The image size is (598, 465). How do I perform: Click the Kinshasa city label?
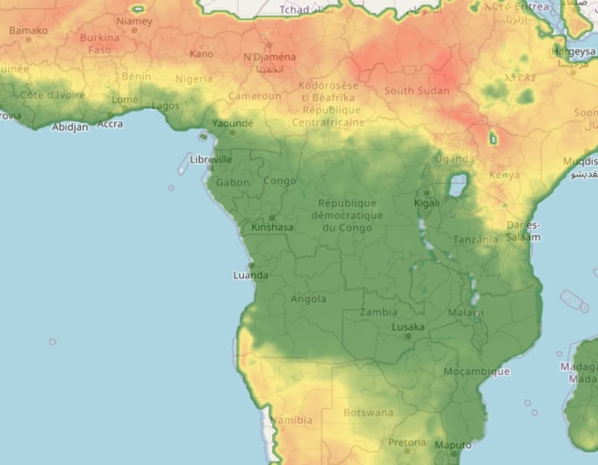tap(272, 227)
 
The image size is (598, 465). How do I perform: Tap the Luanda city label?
tap(250, 275)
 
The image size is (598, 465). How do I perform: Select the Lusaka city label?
tap(408, 327)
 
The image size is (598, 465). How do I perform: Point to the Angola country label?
tap(308, 299)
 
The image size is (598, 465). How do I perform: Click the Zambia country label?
tap(379, 312)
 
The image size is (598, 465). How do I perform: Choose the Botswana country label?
tap(368, 412)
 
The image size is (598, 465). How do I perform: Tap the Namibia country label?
tap(291, 420)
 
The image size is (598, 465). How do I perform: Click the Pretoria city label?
tap(407, 442)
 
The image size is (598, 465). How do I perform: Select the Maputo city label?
tap(453, 445)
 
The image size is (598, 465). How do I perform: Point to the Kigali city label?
tap(426, 203)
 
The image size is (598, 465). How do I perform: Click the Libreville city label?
tap(211, 159)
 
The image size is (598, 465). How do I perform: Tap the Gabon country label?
tap(233, 182)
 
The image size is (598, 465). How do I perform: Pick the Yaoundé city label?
tap(233, 123)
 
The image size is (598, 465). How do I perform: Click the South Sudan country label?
tap(417, 90)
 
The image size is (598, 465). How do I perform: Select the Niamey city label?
tap(134, 21)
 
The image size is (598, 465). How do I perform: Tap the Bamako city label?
tap(28, 30)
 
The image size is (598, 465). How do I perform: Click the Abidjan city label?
tap(70, 127)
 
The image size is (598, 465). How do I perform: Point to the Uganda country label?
tap(454, 159)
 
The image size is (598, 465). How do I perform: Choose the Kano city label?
tap(201, 54)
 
